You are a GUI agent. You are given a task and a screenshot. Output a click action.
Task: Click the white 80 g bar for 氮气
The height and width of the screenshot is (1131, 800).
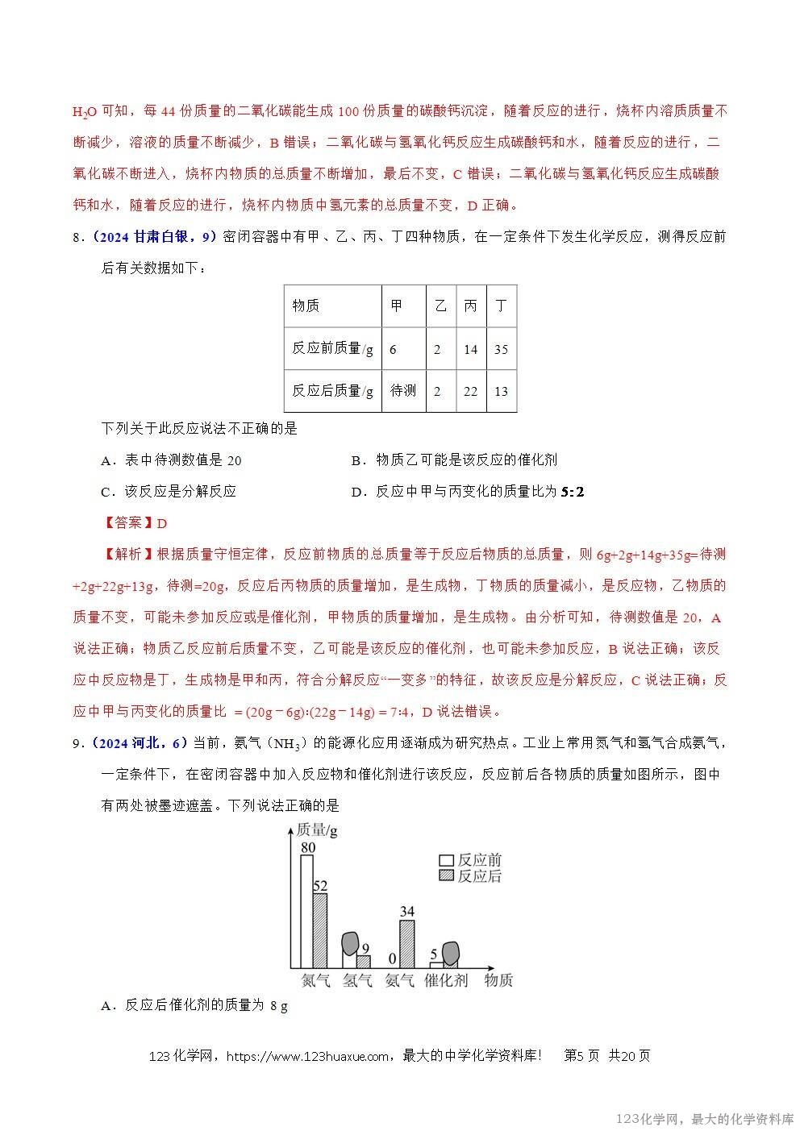click(x=306, y=911)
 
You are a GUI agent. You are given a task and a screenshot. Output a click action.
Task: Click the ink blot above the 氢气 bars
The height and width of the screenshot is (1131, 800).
click(x=350, y=944)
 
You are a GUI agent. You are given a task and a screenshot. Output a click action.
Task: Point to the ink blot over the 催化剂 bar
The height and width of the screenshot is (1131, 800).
click(x=451, y=953)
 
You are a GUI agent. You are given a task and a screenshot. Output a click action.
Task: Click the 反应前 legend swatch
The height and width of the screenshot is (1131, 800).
click(x=446, y=861)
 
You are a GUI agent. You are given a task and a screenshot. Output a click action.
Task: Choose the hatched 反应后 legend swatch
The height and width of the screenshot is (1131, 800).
click(x=446, y=876)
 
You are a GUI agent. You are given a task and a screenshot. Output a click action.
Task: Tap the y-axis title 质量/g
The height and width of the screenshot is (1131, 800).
click(x=317, y=830)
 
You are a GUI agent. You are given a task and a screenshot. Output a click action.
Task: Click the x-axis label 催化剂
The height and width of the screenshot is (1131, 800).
click(x=446, y=981)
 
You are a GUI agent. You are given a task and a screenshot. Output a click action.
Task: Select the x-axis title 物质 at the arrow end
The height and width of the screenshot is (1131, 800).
click(x=498, y=981)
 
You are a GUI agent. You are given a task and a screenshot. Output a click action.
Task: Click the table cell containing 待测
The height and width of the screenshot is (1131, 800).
click(x=403, y=391)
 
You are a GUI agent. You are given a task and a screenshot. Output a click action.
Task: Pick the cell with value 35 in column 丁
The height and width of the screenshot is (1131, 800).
click(x=501, y=349)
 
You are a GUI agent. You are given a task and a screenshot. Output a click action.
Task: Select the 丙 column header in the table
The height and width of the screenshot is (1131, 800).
click(x=470, y=306)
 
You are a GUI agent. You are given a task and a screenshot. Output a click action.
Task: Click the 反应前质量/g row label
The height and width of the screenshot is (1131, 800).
click(x=332, y=349)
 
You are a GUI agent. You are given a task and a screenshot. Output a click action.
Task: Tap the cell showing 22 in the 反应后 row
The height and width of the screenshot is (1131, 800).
click(x=470, y=391)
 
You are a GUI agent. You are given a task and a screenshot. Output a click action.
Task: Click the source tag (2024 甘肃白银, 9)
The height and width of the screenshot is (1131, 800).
click(x=154, y=236)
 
